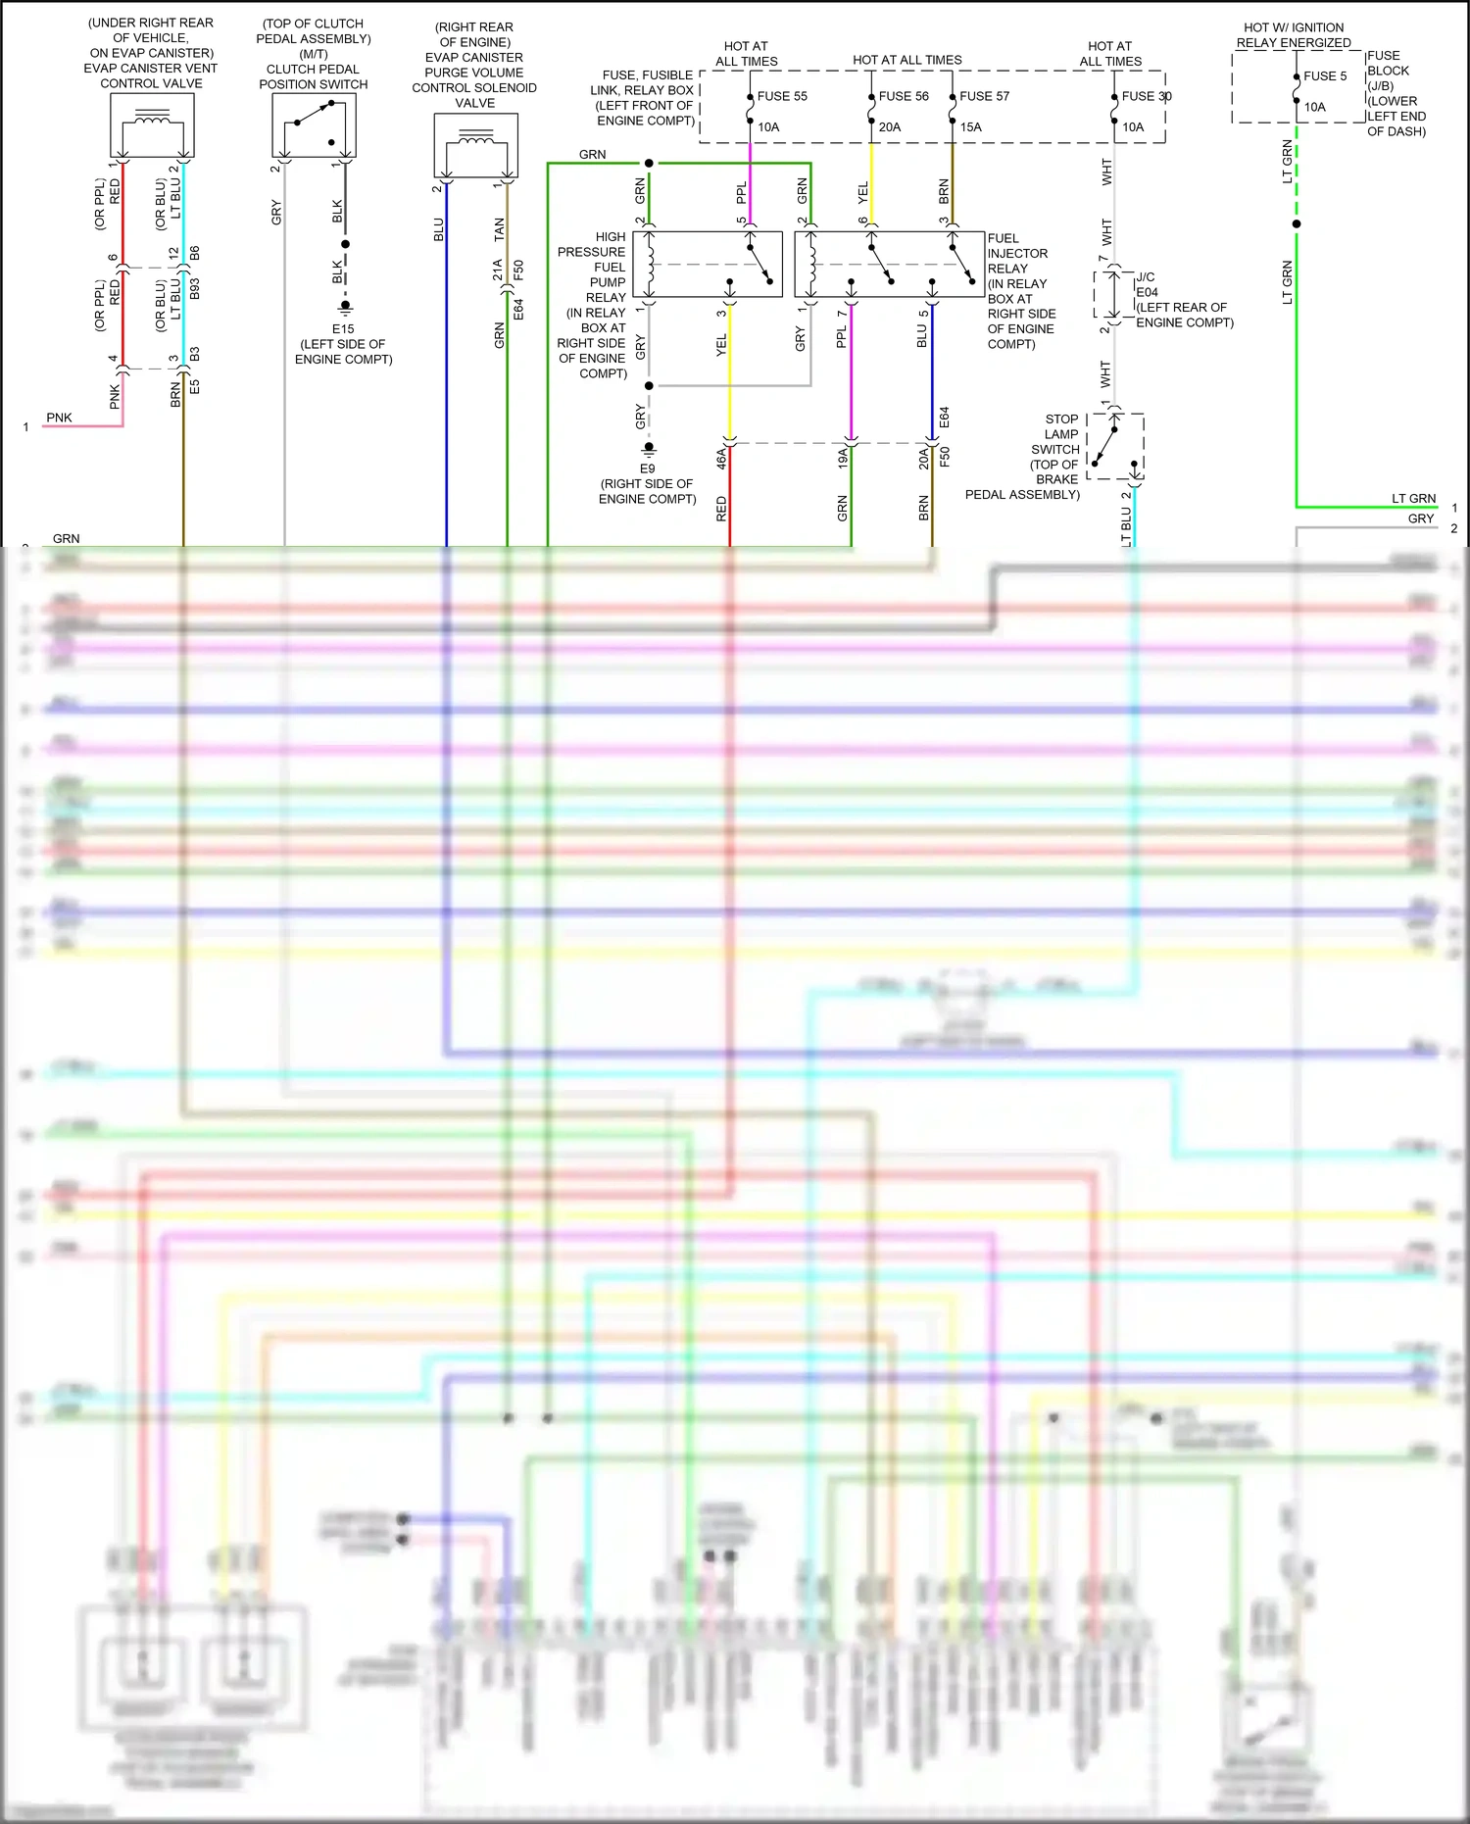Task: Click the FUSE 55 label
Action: point(782,96)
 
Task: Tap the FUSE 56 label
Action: point(904,96)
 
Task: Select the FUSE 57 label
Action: point(984,96)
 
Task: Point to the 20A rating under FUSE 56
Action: point(890,127)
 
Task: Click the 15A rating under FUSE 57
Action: point(971,127)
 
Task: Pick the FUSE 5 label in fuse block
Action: point(1325,76)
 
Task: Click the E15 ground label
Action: point(343,329)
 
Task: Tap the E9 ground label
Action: point(647,468)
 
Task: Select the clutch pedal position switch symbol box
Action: point(314,125)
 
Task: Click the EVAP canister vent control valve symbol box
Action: point(152,124)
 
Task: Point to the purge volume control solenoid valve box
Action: point(475,145)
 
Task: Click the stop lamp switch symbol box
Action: point(1115,447)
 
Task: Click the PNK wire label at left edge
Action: point(59,418)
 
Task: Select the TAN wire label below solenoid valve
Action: point(499,229)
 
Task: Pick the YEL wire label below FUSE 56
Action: point(862,192)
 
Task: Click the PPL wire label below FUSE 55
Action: point(741,192)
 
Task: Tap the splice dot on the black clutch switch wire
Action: point(345,244)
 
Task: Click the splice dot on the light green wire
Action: point(1297,224)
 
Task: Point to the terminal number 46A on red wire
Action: point(721,457)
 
